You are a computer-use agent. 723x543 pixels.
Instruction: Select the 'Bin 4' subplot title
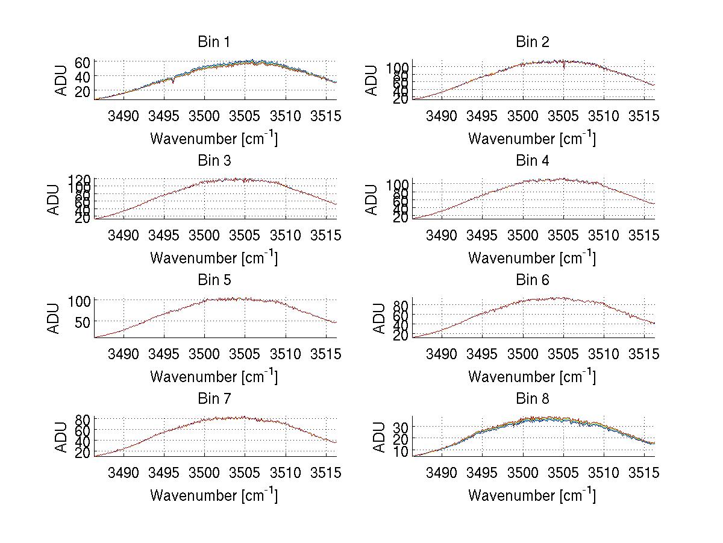(533, 160)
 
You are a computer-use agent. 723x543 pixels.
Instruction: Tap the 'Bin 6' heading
(533, 280)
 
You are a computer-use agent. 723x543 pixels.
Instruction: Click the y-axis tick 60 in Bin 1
(83, 63)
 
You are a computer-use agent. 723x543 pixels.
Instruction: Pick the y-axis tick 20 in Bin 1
(83, 91)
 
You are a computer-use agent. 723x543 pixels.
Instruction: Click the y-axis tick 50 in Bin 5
(83, 321)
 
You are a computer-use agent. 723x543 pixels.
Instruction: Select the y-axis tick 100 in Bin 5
(80, 300)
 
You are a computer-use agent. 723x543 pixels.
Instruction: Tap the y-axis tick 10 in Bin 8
(401, 451)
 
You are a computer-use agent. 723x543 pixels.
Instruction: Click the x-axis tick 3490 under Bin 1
(124, 116)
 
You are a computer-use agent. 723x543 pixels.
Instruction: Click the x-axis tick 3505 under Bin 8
(563, 472)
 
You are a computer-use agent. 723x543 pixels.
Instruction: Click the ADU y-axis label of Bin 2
(372, 80)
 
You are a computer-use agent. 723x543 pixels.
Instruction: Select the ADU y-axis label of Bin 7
(54, 437)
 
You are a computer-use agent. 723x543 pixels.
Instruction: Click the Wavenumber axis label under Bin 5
(213, 377)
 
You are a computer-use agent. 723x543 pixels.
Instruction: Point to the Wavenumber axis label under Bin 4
(533, 258)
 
